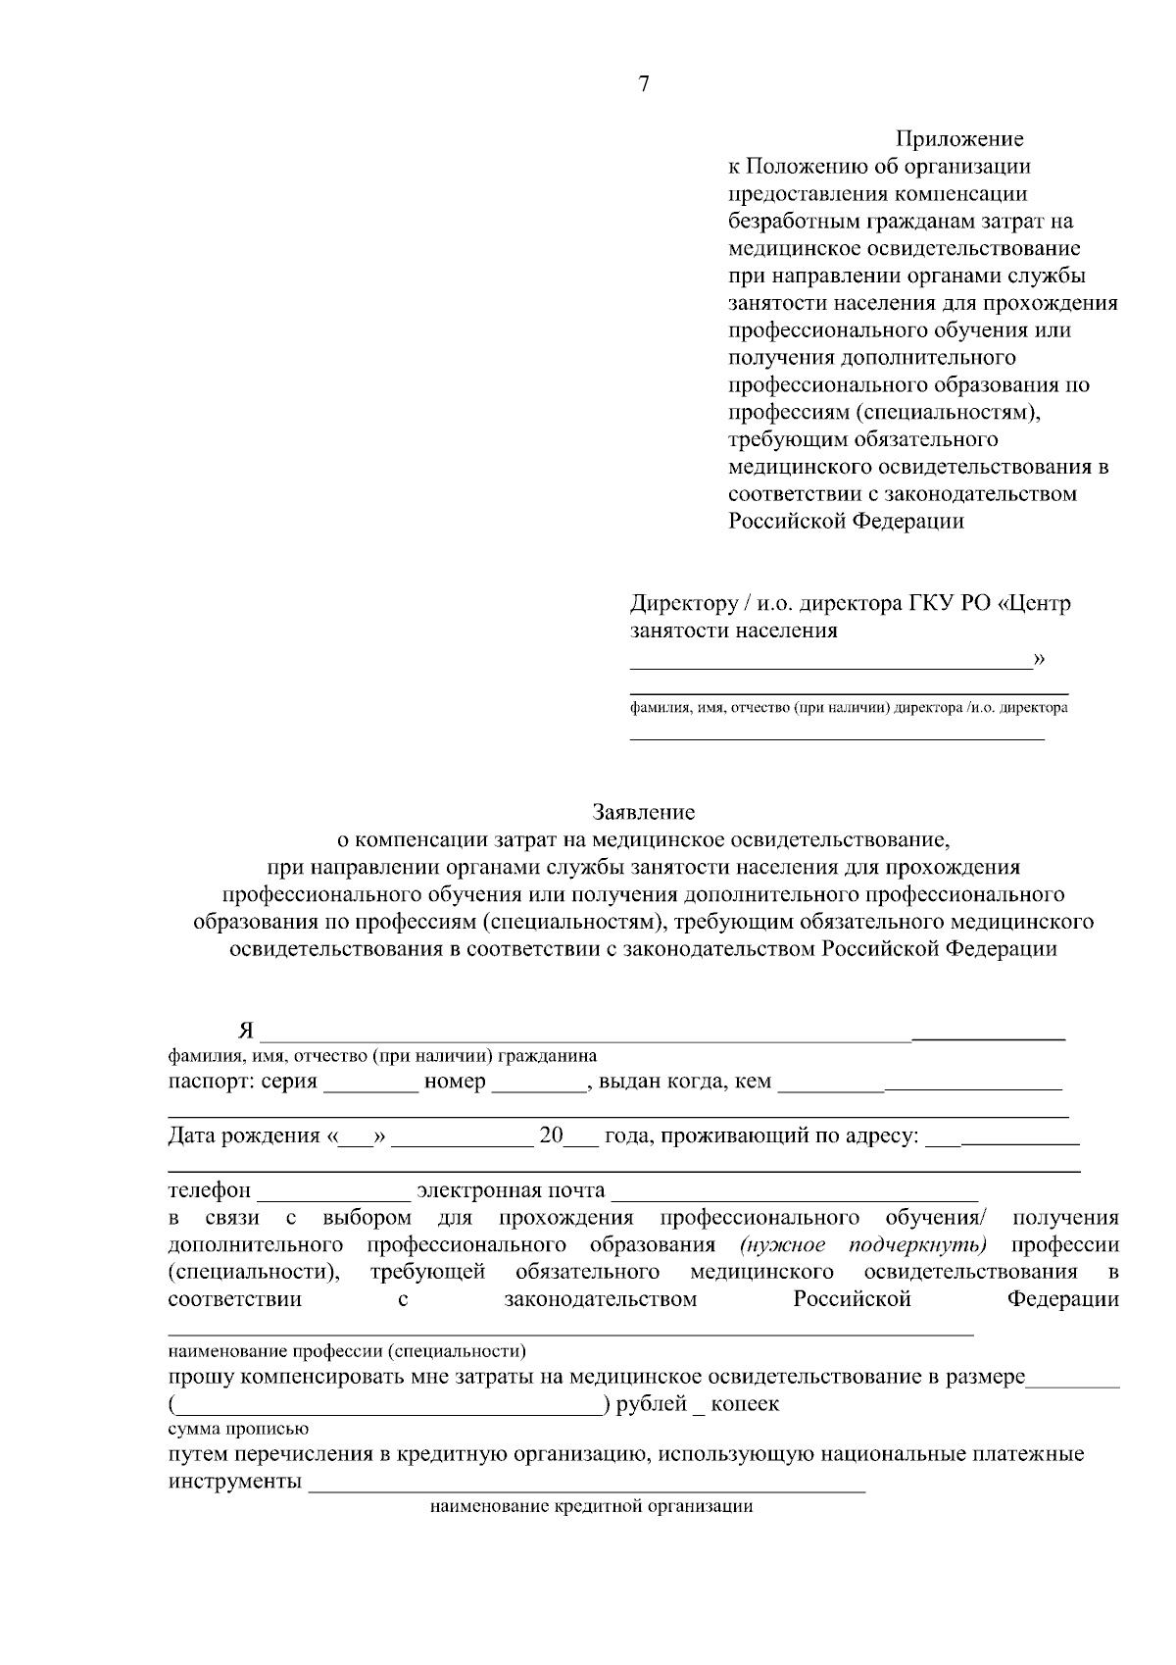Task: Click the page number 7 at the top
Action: click(644, 84)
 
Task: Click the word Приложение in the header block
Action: click(959, 139)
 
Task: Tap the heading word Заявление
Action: click(644, 812)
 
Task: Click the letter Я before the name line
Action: click(246, 1031)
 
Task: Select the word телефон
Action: click(210, 1190)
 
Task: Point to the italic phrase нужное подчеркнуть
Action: click(863, 1244)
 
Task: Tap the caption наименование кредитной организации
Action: click(591, 1507)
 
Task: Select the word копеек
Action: click(745, 1403)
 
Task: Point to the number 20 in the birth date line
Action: click(552, 1135)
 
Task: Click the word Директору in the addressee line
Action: click(683, 602)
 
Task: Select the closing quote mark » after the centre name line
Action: click(1040, 658)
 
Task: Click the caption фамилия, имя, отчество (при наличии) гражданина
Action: click(382, 1056)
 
